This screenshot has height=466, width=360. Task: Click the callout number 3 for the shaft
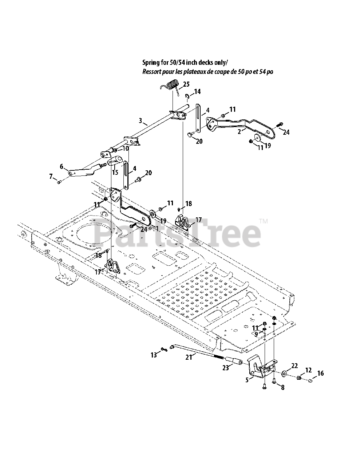click(x=140, y=121)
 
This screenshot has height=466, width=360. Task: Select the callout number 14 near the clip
click(x=197, y=92)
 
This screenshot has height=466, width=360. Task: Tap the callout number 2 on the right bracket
click(x=239, y=132)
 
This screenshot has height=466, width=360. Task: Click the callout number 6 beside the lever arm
click(x=62, y=167)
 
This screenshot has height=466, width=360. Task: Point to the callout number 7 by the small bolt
click(x=51, y=177)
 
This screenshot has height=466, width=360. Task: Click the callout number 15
click(x=115, y=172)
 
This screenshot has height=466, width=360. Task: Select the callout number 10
click(x=125, y=149)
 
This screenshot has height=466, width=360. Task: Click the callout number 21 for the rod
click(x=189, y=357)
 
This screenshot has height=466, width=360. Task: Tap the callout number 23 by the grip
click(x=225, y=368)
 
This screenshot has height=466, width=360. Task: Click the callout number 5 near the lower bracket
click(x=247, y=380)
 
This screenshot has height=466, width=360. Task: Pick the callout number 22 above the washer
click(x=294, y=366)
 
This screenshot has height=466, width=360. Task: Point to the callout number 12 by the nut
click(x=308, y=370)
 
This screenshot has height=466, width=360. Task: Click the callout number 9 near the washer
click(x=256, y=333)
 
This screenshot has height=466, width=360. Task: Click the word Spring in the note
click(x=150, y=63)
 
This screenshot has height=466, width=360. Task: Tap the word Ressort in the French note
click(x=151, y=72)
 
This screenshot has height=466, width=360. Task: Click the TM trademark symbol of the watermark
click(x=264, y=221)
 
